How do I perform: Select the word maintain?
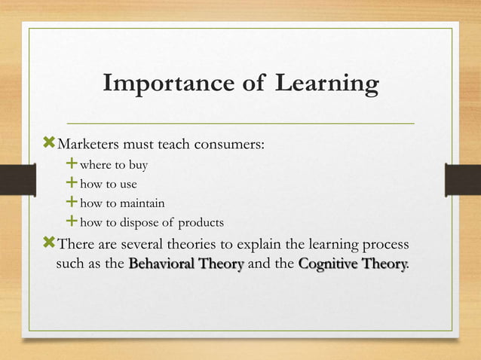139,203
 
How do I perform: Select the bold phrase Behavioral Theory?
186,264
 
